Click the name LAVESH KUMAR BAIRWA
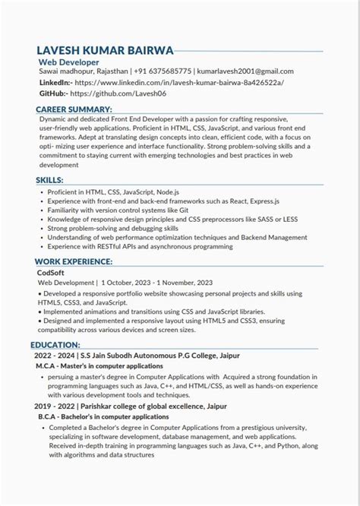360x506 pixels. point(105,50)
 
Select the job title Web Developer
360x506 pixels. point(69,62)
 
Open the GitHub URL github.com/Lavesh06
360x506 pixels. point(119,93)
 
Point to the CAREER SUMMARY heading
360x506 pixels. point(74,109)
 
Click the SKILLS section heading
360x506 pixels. point(50,179)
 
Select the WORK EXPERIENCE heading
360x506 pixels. point(74,261)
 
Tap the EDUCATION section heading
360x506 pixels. point(57,344)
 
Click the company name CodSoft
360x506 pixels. point(51,272)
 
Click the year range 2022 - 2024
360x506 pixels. point(56,354)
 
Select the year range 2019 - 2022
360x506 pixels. point(56,406)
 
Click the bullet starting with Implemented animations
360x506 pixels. point(163,311)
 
